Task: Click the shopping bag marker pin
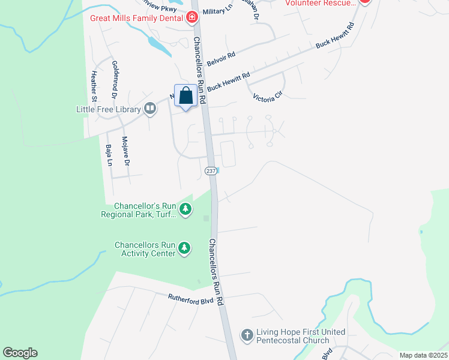[x=186, y=96]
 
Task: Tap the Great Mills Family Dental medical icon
[x=192, y=17]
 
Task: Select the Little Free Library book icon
[x=150, y=109]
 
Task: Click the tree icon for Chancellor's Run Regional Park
[x=186, y=209]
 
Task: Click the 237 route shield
[x=211, y=171]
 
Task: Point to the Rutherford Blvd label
[x=190, y=296]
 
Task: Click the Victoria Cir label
[x=267, y=97]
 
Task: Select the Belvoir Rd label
[x=221, y=59]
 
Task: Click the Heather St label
[x=94, y=86]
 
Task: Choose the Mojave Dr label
[x=125, y=151]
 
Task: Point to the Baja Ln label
[x=109, y=155]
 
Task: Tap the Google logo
[x=20, y=353]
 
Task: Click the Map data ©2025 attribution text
[x=423, y=355]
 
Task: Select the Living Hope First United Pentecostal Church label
[x=301, y=336]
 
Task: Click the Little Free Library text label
[x=108, y=109]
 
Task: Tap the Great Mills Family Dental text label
[x=137, y=17]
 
